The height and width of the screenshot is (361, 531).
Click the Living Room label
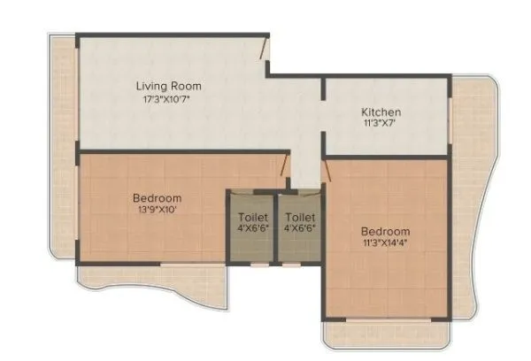[168, 86]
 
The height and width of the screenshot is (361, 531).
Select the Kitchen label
[381, 112]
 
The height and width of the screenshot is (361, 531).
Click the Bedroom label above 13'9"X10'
[158, 197]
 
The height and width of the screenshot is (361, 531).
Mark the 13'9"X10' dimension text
[158, 211]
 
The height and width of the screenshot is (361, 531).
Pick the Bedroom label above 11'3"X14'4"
[385, 232]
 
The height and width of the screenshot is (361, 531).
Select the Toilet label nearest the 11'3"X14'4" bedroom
[299, 216]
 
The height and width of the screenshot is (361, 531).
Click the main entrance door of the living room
[265, 49]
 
